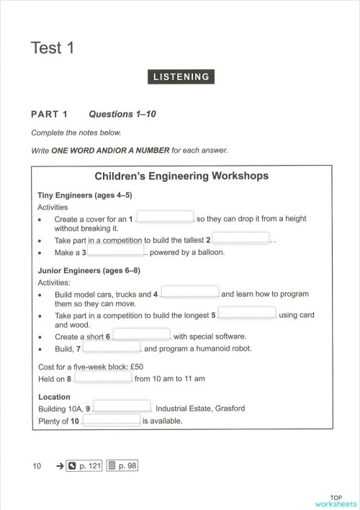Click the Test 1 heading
[x=53, y=48]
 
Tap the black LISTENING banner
[x=180, y=77]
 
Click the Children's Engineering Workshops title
[x=181, y=176]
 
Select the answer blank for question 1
[x=165, y=217]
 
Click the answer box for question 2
[x=241, y=238]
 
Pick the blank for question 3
[x=117, y=251]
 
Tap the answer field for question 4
[x=190, y=292]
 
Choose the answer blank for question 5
[x=247, y=313]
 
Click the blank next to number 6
[x=142, y=335]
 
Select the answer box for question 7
[x=112, y=347]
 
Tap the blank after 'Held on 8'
[x=103, y=377]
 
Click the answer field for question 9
[x=122, y=407]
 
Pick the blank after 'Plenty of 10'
[x=111, y=420]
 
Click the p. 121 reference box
[x=84, y=466]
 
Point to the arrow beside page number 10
[x=59, y=467]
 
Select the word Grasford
[x=228, y=408]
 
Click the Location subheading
[x=54, y=397]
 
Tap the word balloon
[x=210, y=253]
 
